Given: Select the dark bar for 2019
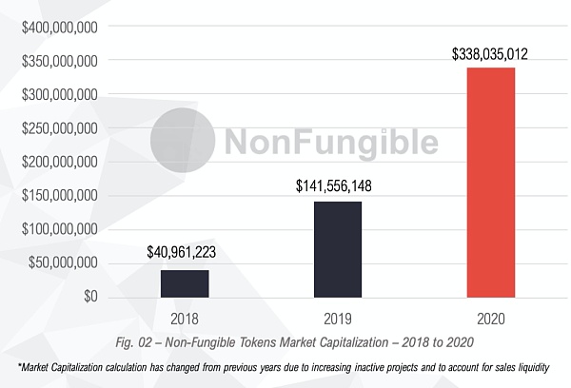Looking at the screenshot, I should (337, 249).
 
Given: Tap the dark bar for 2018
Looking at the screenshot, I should (184, 283).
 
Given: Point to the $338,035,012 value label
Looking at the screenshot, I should (489, 54).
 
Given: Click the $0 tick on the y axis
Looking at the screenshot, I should (91, 297).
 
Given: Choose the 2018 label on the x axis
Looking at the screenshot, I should (184, 317).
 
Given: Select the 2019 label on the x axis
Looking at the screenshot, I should (337, 317).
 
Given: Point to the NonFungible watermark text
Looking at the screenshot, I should (330, 142).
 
